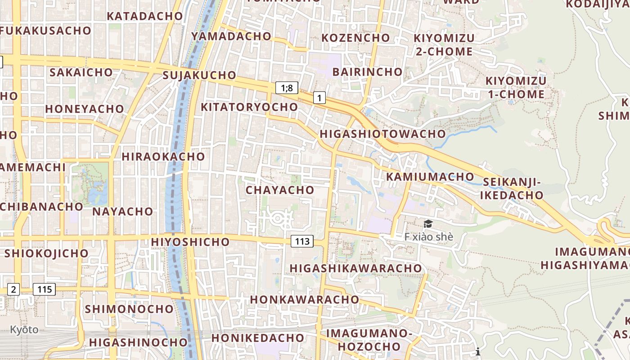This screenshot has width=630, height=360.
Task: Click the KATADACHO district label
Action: pos(145,16)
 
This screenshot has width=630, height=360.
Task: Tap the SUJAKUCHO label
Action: pos(199,75)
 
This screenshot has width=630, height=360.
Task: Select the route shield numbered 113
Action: pos(302,241)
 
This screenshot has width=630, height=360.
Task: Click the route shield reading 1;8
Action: pos(287,88)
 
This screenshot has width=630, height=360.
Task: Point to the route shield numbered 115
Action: pos(45,289)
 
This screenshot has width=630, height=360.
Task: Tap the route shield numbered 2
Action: pos(13,289)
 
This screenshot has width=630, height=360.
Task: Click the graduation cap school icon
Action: pos(427,224)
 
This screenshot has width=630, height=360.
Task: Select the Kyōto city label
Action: pos(24,330)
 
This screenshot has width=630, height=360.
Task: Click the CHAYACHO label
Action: pos(280,190)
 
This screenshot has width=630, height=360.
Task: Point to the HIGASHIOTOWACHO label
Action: pos(382,134)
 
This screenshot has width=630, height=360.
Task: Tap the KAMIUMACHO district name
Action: pos(430,176)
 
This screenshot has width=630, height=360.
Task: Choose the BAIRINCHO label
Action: pos(367,72)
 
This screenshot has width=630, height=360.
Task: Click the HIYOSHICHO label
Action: pos(190,242)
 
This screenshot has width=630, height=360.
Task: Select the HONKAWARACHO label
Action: pos(305,299)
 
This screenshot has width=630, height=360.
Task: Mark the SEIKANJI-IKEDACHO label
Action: pos(513,189)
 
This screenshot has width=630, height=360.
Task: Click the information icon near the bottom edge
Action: pos(478,351)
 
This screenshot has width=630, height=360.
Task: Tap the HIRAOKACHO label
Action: pos(163,157)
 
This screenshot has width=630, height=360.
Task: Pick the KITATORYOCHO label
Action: pos(249,107)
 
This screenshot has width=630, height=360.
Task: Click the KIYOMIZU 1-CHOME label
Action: pos(516,88)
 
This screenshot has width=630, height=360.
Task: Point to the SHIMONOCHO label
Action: pos(129,309)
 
